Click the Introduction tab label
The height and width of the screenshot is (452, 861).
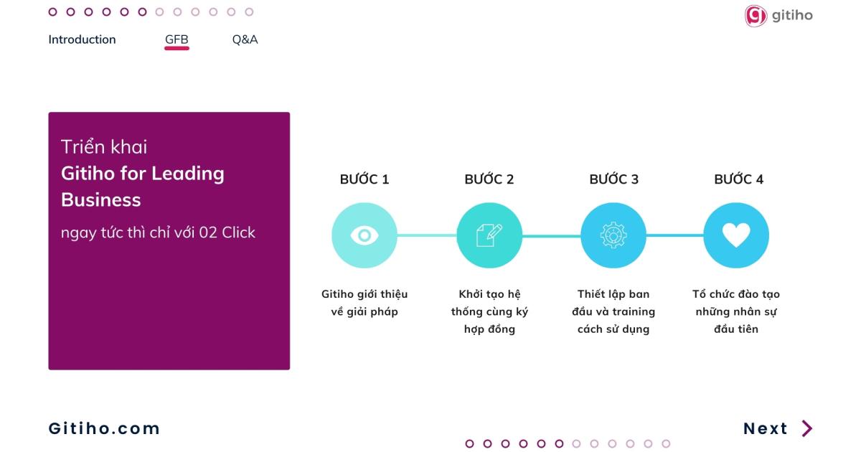pos(82,39)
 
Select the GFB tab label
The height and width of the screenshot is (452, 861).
pos(177,39)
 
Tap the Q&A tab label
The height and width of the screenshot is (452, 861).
pos(245,39)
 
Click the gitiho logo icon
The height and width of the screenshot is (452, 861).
pos(756,16)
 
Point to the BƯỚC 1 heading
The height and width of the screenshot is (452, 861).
pos(364,179)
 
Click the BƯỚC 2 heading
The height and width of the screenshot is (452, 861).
pos(489,179)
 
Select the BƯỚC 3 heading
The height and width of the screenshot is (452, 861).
pos(614,179)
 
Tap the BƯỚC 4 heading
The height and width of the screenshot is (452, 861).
pos(738,179)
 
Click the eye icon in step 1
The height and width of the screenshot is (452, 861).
pos(364,235)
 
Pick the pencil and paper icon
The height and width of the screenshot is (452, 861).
pos(489,235)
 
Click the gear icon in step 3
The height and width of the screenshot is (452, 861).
pos(613,235)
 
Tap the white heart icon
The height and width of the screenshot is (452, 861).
pos(736,235)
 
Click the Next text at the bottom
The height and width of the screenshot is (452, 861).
pos(766,428)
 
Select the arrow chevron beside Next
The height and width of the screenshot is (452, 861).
pos(807,428)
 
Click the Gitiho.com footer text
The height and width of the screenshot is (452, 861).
pos(104,428)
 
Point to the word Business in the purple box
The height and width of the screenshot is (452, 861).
pos(101,200)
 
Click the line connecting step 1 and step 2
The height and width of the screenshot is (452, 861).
pos(427,235)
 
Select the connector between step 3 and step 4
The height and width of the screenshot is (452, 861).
pos(675,235)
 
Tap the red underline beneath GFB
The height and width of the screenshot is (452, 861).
pos(177,49)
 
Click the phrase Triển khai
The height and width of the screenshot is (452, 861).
pos(104,147)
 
